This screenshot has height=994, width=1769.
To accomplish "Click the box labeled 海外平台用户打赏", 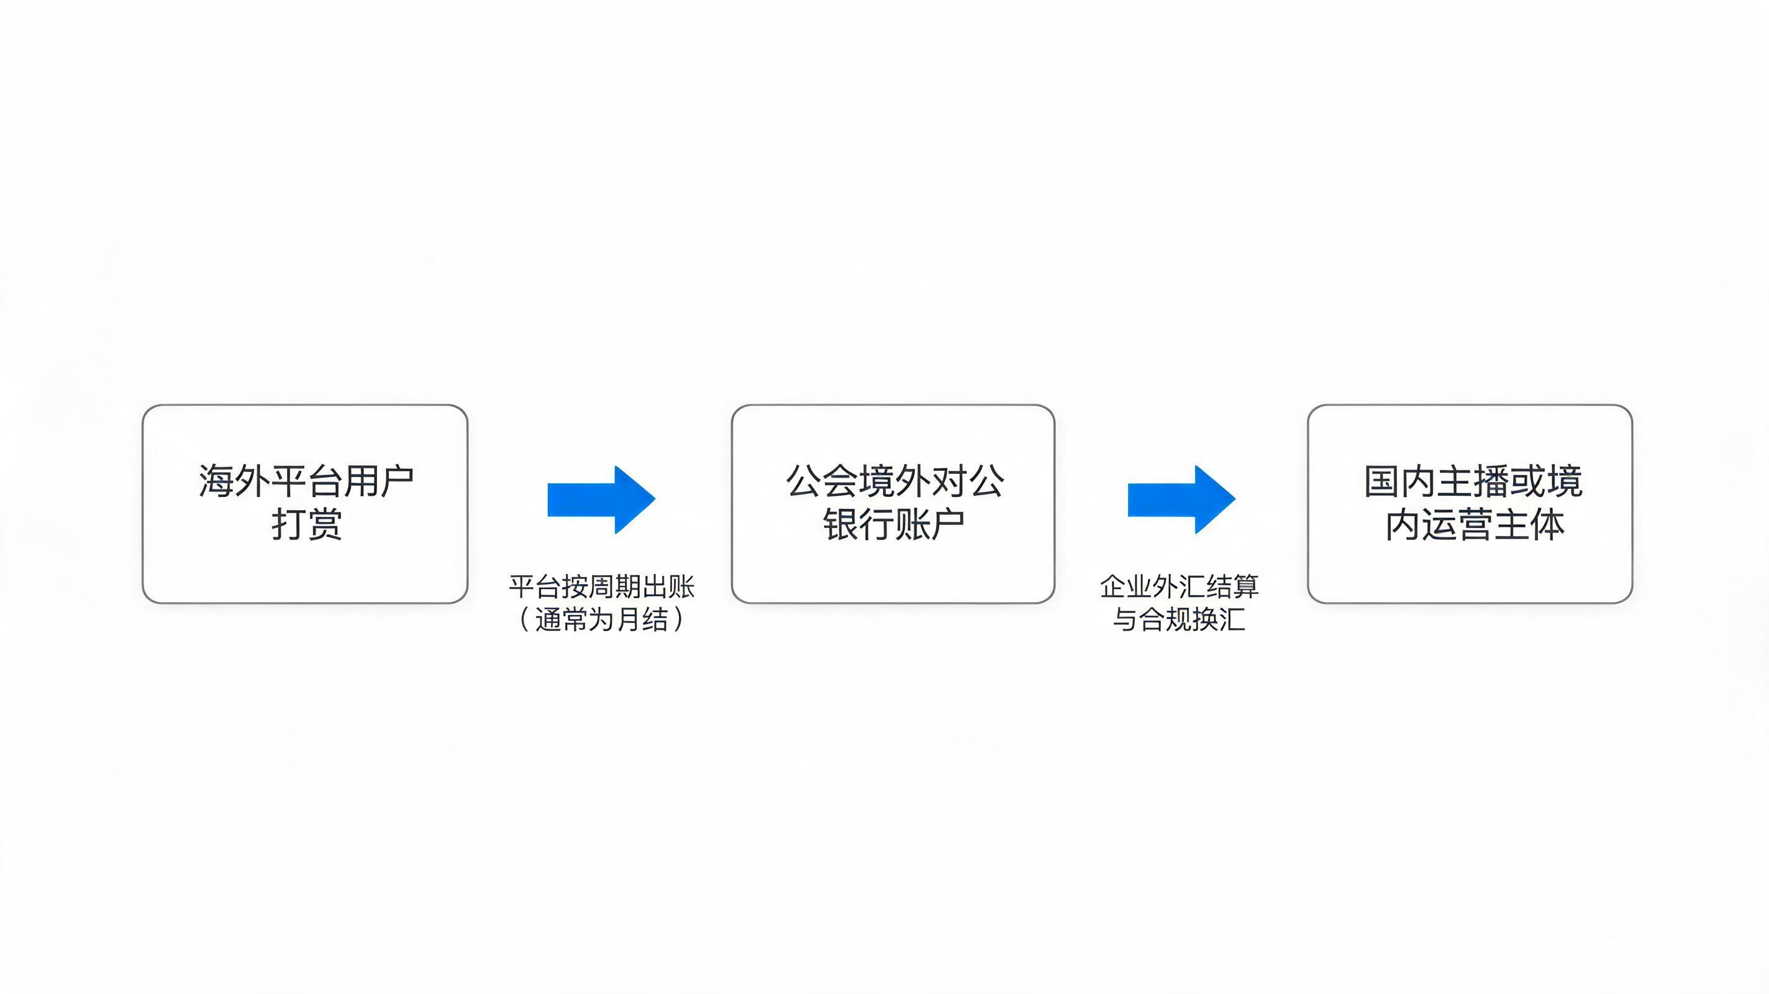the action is point(305,504).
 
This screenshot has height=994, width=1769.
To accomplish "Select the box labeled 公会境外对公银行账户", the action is point(893,504).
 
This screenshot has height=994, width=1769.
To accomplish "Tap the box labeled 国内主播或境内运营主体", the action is point(1470,504).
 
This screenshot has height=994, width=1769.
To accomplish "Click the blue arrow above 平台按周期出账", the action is point(601,499).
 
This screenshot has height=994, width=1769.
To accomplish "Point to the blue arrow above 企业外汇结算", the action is point(1181,499).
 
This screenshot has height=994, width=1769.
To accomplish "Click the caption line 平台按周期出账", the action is point(601,586).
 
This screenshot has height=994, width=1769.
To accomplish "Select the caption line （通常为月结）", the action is point(601,619).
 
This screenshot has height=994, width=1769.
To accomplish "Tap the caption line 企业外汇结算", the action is point(1179,586).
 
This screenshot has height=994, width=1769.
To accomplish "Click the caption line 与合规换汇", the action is point(1179,619).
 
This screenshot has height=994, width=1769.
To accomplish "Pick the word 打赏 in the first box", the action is point(306,525).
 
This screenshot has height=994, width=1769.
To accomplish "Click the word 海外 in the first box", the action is point(234,481).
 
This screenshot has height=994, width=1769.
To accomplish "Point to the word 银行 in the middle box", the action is point(858,525).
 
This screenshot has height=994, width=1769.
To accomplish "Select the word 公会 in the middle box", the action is point(822,481).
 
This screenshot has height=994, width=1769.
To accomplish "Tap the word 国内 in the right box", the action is point(1400,481).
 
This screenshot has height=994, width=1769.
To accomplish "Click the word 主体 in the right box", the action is point(1529,525).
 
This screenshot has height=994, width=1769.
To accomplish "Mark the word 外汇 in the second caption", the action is point(1179,586).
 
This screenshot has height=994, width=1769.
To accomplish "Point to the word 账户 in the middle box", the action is point(930,525).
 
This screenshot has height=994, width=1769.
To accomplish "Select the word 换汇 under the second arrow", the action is point(1219,619).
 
